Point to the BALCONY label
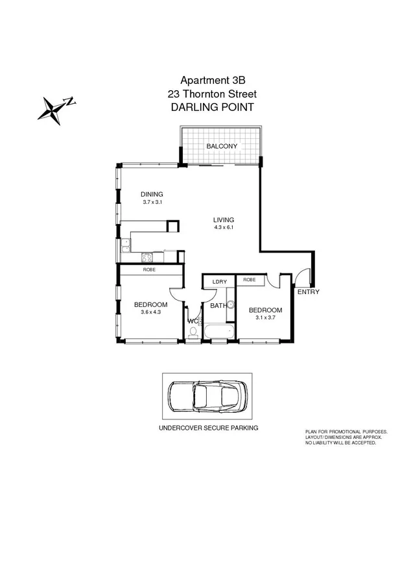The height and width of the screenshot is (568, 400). [x=222, y=147]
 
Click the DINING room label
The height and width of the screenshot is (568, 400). [x=151, y=194]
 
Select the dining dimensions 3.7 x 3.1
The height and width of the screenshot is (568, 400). [x=151, y=203]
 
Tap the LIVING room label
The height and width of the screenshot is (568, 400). [x=223, y=219]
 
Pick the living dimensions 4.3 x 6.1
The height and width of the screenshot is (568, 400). [x=223, y=228]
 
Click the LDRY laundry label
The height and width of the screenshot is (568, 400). [x=218, y=281]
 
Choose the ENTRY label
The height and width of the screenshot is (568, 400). [x=308, y=293]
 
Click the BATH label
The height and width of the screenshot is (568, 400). [x=217, y=305]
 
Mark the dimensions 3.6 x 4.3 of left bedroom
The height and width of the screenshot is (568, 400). [x=150, y=312]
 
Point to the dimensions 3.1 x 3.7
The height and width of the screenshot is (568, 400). [x=266, y=318]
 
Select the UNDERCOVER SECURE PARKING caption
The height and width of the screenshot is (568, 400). [x=208, y=428]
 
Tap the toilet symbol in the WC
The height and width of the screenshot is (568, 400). [x=193, y=333]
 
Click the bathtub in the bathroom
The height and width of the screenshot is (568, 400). [x=217, y=332]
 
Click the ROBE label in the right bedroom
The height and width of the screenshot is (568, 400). [x=250, y=280]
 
